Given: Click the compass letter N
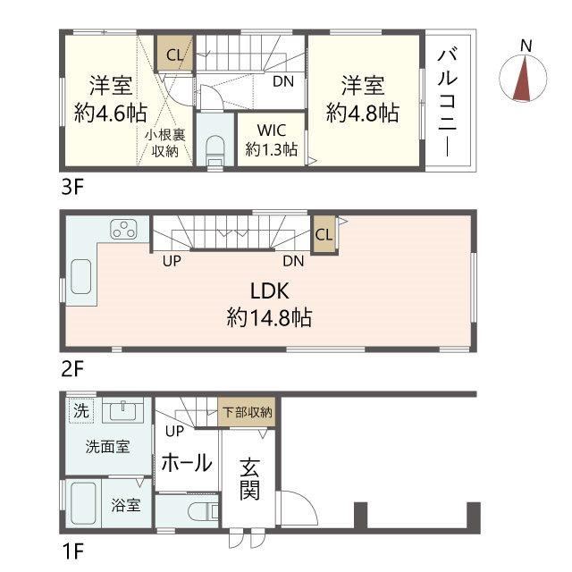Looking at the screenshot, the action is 526,46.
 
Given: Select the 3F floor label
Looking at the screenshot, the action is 72,188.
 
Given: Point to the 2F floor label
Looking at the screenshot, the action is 72,369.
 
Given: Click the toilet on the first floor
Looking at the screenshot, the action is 203,511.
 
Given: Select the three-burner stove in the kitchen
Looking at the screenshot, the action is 123,229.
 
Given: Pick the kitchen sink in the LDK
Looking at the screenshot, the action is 81,276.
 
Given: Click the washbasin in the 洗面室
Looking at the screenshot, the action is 123,410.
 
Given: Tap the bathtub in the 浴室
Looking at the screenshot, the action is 83,503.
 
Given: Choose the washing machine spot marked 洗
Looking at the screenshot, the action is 81,411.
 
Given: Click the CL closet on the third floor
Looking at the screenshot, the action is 175,53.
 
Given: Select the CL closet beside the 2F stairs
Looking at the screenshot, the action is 324,234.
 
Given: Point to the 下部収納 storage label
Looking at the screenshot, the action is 247,412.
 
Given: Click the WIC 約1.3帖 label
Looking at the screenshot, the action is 272,139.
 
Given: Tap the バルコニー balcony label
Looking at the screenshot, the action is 448,103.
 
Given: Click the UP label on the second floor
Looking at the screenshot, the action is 172,261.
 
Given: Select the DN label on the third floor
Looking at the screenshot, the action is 283,81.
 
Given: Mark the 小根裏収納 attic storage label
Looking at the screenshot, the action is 164,143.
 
